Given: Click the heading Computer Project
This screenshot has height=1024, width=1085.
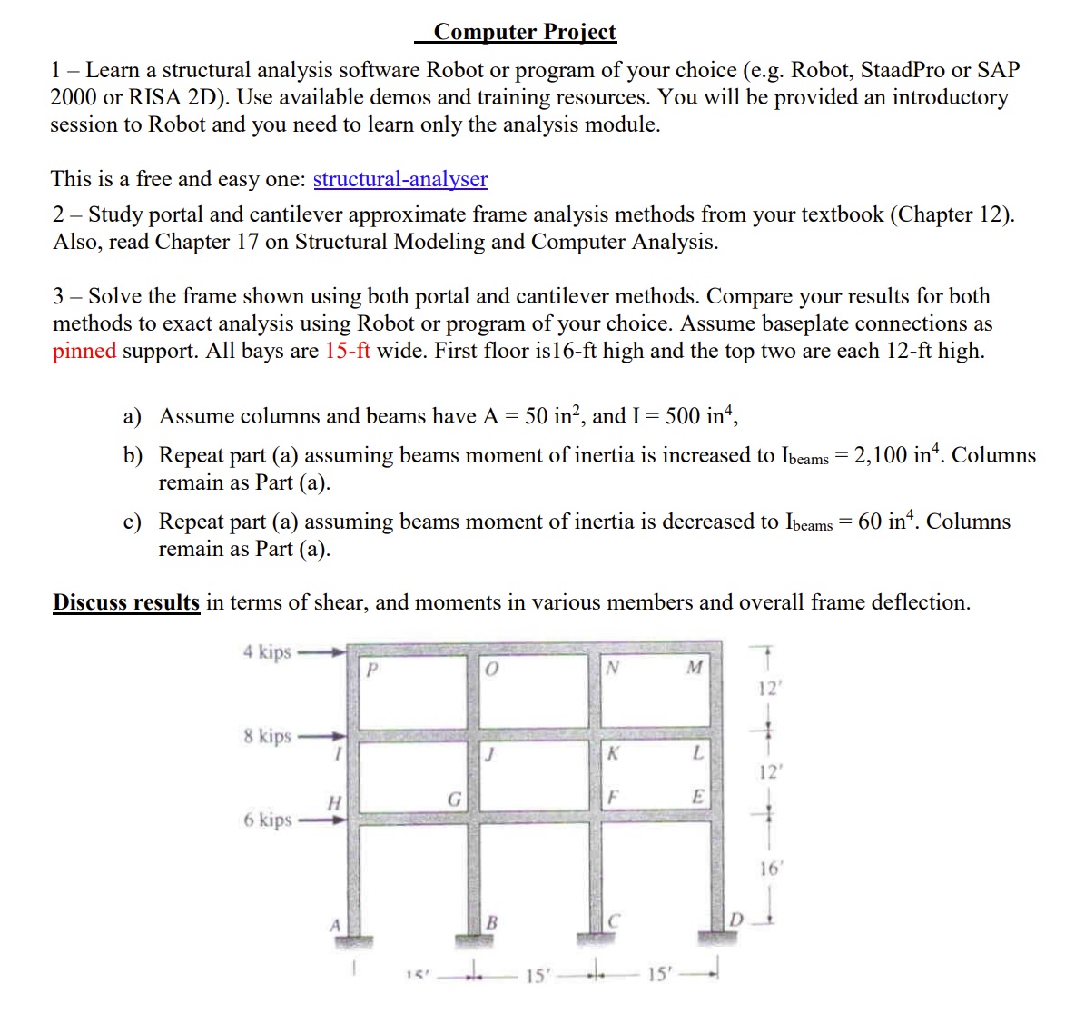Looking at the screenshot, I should click(x=525, y=32).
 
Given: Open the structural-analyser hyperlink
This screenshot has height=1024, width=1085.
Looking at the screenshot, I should click(x=399, y=179).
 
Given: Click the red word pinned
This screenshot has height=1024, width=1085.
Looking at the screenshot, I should click(x=84, y=351).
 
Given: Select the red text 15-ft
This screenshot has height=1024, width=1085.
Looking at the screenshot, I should click(x=348, y=351).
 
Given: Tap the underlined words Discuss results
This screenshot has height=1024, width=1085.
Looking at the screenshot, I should click(x=126, y=602).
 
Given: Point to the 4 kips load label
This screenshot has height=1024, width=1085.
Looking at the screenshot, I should click(x=267, y=651).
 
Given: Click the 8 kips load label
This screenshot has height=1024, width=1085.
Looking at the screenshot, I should click(x=267, y=735).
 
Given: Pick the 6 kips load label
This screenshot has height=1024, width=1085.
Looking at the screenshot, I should click(x=267, y=819).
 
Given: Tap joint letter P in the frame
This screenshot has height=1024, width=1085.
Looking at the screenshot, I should click(x=370, y=671).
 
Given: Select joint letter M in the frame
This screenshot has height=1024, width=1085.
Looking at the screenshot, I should click(x=695, y=668).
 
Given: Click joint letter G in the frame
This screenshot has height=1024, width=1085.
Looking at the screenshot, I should click(x=455, y=800).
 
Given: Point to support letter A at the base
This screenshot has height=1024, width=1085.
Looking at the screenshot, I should click(x=335, y=925).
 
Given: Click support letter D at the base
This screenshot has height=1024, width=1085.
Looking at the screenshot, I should click(x=736, y=921).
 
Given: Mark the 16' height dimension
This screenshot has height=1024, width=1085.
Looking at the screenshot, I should click(x=769, y=869).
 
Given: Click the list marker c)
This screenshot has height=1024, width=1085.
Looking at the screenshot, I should click(x=133, y=522).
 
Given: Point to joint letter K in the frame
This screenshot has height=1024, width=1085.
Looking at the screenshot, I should click(x=613, y=752).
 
